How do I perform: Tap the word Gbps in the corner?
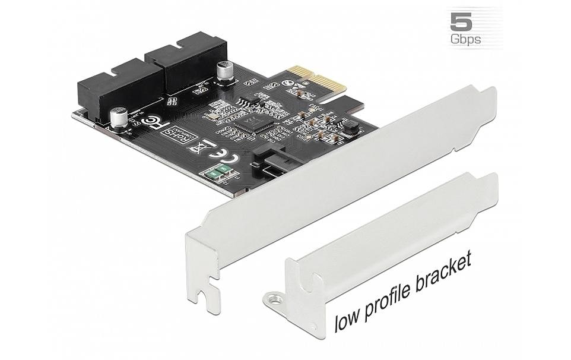click(466, 39)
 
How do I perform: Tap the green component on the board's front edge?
click(217, 173)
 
